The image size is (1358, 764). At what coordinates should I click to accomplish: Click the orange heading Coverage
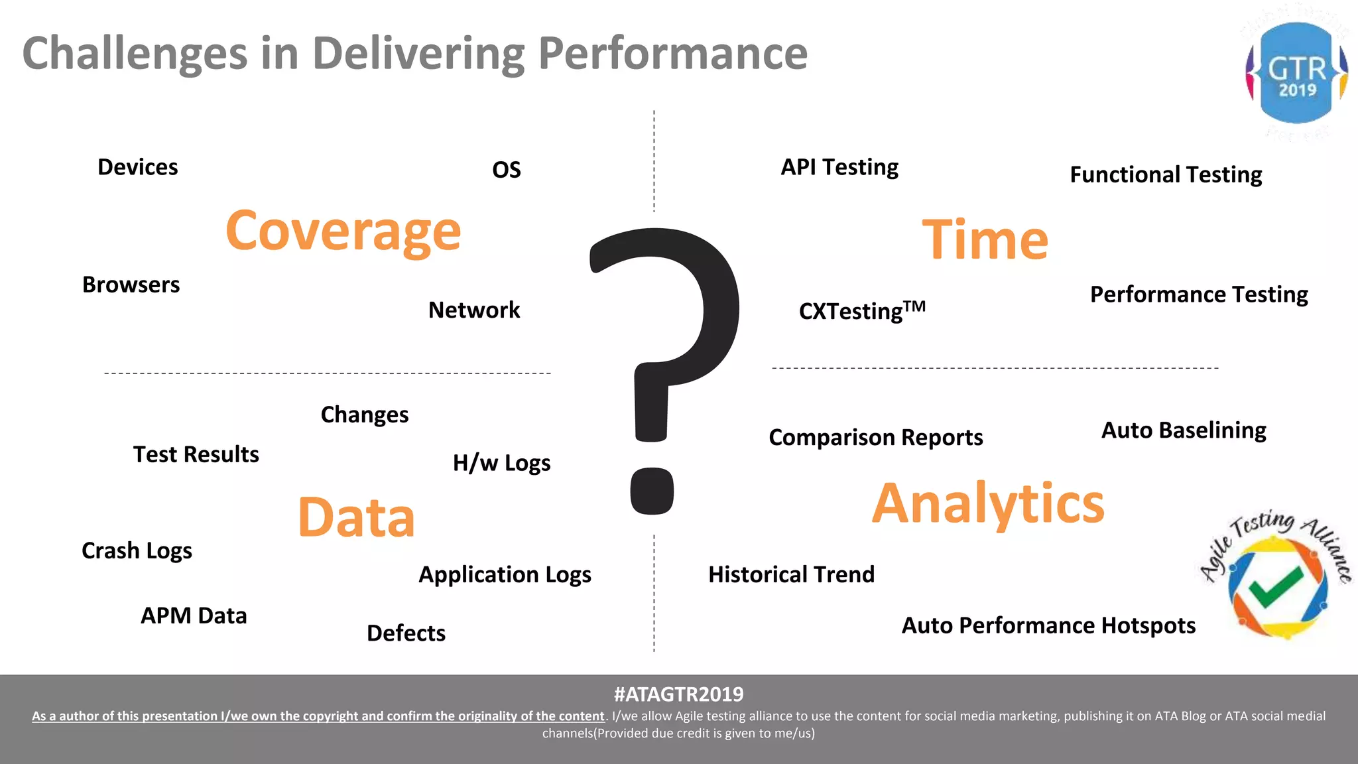click(343, 231)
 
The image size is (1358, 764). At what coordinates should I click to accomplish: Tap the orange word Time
click(985, 239)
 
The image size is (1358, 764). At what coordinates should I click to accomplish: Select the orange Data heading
click(356, 517)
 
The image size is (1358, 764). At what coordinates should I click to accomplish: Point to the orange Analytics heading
click(987, 503)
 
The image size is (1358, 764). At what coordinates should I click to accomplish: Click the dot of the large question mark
click(652, 491)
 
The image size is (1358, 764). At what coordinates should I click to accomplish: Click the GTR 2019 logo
click(1296, 73)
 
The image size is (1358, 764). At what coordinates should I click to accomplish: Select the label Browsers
click(131, 285)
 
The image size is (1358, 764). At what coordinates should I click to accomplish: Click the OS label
click(506, 170)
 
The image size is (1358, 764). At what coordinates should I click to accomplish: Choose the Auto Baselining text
click(1184, 430)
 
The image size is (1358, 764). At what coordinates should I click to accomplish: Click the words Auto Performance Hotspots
click(1048, 625)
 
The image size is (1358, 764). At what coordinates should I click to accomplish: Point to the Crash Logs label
click(137, 550)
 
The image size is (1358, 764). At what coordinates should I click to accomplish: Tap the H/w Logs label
click(501, 463)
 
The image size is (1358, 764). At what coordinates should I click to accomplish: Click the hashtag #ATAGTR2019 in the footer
click(678, 694)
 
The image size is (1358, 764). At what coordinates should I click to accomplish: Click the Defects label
click(406, 633)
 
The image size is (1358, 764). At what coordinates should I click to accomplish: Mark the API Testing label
click(839, 167)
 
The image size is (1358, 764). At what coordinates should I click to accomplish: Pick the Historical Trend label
click(791, 574)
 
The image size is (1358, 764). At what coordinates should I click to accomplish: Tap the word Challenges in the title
click(135, 54)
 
